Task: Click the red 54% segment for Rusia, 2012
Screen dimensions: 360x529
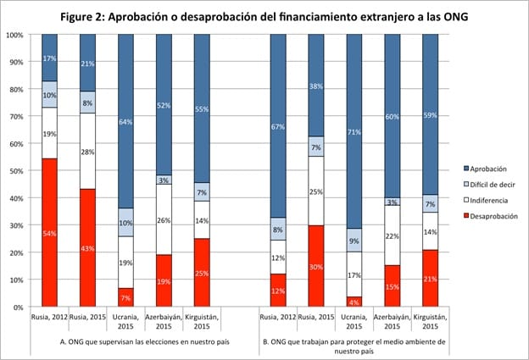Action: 51,232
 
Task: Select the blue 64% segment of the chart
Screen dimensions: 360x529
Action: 126,121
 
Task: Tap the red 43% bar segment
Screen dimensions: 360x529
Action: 88,247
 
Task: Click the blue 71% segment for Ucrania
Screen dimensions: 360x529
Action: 354,131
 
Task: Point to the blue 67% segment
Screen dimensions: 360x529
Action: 279,126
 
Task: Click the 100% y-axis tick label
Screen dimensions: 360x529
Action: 14,35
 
